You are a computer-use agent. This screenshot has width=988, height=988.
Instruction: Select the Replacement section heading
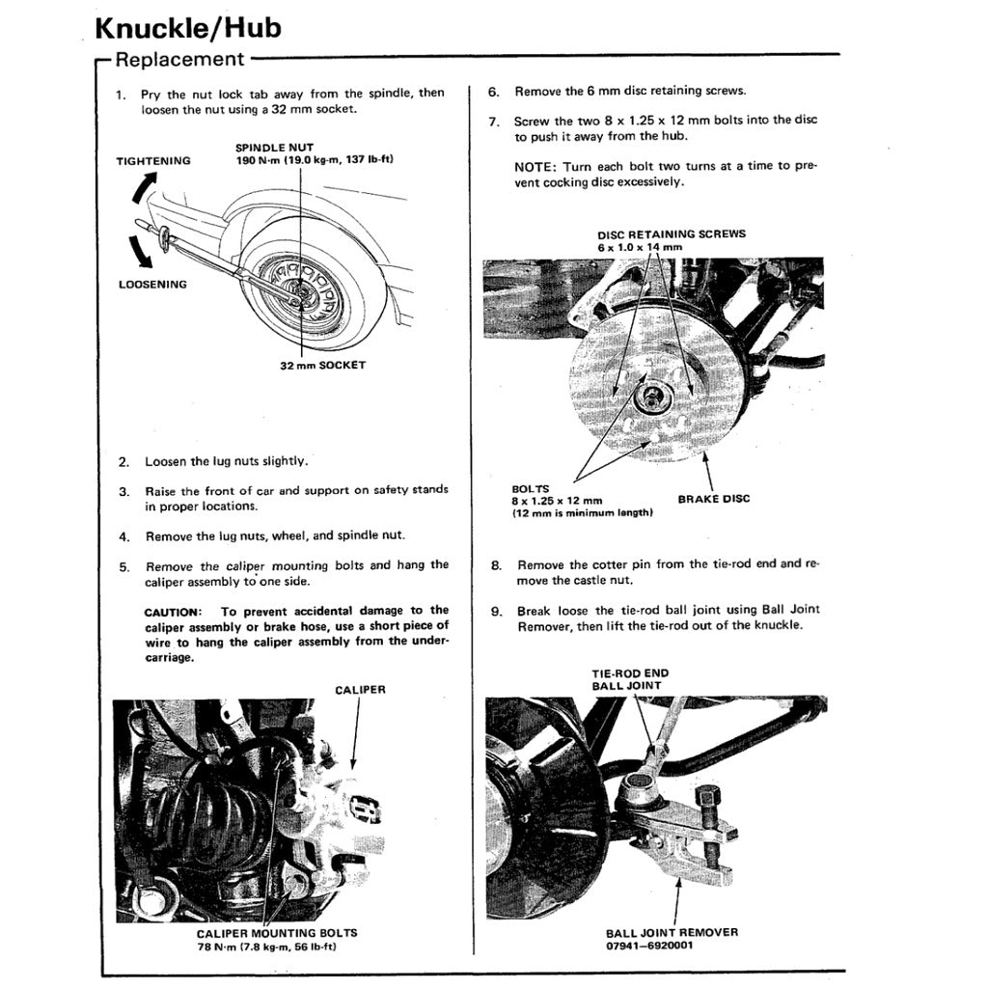coord(179,59)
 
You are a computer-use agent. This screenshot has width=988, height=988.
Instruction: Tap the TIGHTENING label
coord(153,161)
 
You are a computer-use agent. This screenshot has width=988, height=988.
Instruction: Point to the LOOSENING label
coord(152,285)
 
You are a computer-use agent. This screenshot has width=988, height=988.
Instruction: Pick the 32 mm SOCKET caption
coord(322,366)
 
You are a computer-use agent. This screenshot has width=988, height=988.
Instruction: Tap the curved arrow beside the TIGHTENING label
coord(141,189)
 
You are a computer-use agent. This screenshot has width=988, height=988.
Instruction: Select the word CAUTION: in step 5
coord(173,611)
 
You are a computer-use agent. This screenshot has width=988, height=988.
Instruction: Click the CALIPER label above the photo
coord(360,690)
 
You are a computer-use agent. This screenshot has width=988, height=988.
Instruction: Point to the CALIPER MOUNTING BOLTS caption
coord(276,933)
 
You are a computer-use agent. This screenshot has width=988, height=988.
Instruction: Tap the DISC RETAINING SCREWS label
coord(671,234)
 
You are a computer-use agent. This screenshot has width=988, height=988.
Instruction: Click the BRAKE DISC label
coord(713,499)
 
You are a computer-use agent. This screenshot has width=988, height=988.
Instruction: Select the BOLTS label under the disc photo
coord(530,489)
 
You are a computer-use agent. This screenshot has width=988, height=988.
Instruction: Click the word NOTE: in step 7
coord(535,166)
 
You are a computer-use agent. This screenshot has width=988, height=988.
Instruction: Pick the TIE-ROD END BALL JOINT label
coord(629,679)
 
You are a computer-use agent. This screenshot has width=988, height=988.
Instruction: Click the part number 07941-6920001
coord(649,946)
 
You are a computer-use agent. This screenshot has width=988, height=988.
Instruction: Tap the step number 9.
coord(496,611)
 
